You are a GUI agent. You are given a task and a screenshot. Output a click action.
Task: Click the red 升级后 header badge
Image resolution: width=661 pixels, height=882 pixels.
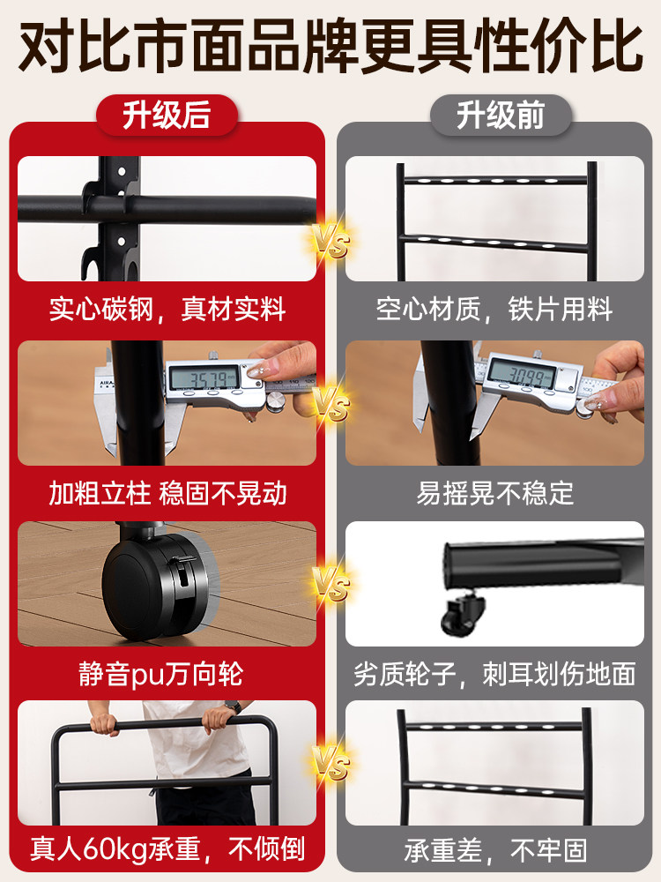pos(167,115)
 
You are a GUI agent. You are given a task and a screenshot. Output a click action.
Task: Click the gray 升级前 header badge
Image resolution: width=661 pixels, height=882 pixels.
pos(500,115)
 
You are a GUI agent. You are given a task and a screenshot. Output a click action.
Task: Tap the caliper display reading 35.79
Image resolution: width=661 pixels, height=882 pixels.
pos(205,380)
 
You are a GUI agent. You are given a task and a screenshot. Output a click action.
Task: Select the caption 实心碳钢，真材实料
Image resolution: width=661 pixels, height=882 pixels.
pos(167,310)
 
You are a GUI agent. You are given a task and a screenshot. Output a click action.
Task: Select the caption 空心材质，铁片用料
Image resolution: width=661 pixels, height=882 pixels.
pos(494,310)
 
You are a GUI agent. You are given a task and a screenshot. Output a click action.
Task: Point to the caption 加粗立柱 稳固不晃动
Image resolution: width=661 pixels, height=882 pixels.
pos(167,492)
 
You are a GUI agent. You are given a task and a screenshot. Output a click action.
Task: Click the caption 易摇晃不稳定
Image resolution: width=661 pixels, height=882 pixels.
pos(494,492)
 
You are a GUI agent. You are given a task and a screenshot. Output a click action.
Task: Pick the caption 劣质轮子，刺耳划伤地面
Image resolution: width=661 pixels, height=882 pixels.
pos(494,675)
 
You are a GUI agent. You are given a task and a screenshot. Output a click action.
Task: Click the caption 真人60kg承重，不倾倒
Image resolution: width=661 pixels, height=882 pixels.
pos(167,849)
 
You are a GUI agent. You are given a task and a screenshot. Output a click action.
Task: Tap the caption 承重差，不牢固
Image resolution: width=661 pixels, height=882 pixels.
pos(494,849)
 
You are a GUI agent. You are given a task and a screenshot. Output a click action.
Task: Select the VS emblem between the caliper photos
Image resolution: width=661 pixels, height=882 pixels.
pos(330,407)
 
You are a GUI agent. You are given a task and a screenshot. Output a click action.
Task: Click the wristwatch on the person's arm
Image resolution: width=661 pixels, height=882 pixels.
pos(234,706)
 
